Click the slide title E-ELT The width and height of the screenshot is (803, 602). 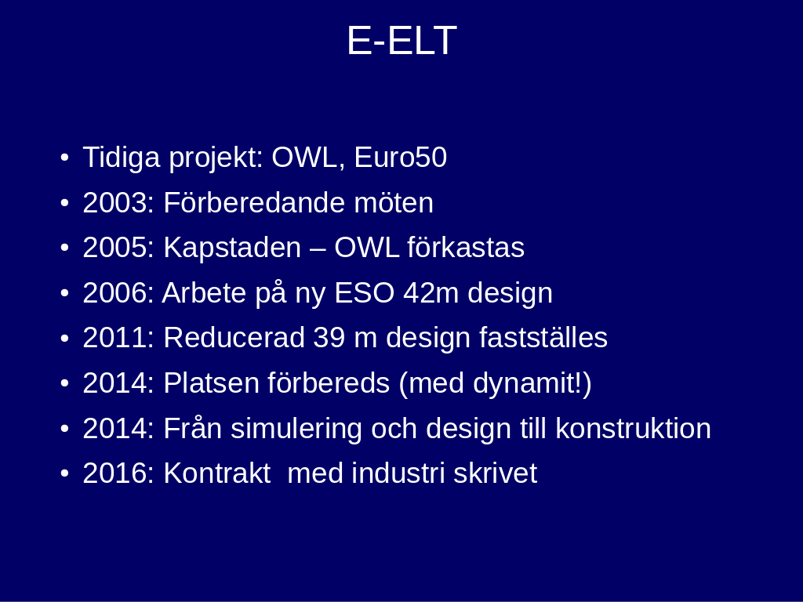tap(401, 41)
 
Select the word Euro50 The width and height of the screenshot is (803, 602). tap(401, 157)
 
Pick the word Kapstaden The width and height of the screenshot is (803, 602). tap(232, 248)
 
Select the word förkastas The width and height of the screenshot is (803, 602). tap(466, 248)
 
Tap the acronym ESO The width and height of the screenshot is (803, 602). tap(364, 293)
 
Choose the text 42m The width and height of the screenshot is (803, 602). tap(431, 293)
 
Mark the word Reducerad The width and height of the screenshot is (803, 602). tap(234, 338)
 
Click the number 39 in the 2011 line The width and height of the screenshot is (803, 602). tap(329, 339)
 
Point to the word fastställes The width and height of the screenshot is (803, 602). tap(543, 338)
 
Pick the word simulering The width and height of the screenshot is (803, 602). tap(296, 430)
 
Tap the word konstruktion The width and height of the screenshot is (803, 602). tap(634, 429)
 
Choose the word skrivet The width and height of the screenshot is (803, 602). tap(496, 473)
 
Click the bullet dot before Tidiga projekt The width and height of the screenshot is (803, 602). tap(64, 158)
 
